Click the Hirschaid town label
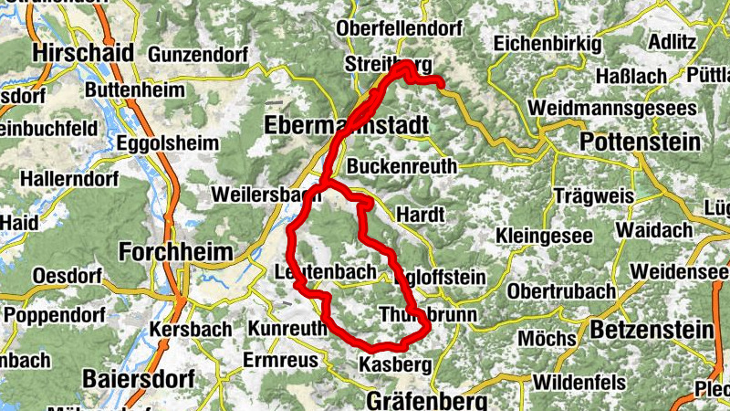pyautogui.click(x=82, y=53)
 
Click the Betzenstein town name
pyautogui.click(x=650, y=328)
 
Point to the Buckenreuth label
pyautogui.click(x=400, y=167)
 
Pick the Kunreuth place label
pyautogui.click(x=287, y=328)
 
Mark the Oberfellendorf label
pyautogui.click(x=399, y=29)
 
